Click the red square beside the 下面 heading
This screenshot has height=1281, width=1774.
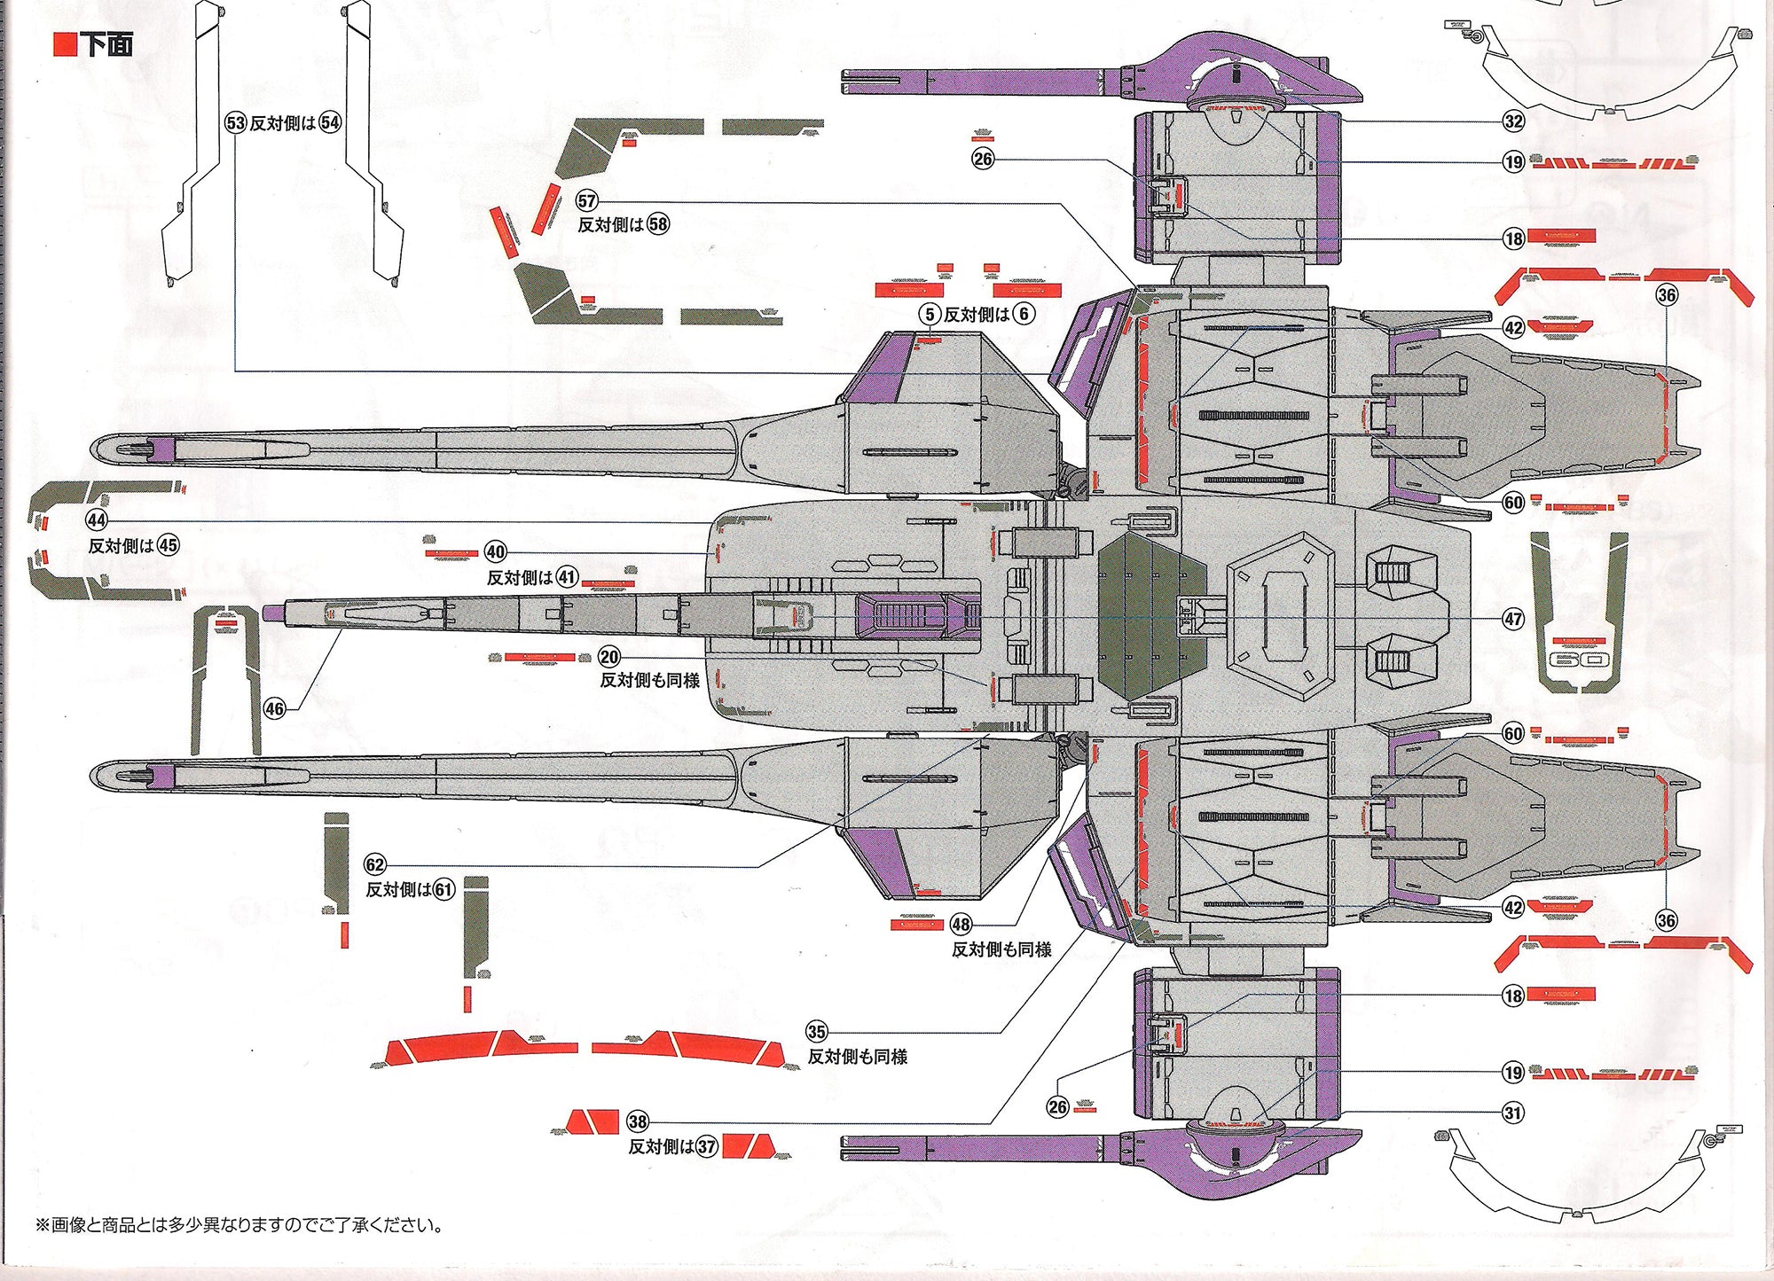(x=66, y=44)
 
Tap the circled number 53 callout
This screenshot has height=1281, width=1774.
(x=235, y=123)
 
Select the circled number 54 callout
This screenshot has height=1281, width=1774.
(x=330, y=123)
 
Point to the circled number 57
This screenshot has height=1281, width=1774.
(x=587, y=201)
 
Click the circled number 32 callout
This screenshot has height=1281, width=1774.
(x=1513, y=121)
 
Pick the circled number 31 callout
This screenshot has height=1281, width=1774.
(x=1513, y=1113)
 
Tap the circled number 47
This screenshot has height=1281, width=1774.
(x=1513, y=619)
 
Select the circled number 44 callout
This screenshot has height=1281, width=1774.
(x=97, y=520)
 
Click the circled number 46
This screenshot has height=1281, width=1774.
(x=275, y=708)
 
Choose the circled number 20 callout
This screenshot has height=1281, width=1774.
(x=609, y=657)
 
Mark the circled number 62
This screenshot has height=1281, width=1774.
(x=375, y=865)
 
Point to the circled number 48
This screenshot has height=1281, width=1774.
(x=962, y=925)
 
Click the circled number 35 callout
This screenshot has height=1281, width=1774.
(x=817, y=1032)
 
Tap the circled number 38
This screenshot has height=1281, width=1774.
(x=638, y=1121)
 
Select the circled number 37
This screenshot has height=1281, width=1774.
(x=706, y=1146)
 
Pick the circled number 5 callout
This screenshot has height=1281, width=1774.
(x=930, y=314)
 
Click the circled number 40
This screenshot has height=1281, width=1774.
(x=496, y=552)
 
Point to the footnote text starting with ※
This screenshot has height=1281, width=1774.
(x=239, y=1225)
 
